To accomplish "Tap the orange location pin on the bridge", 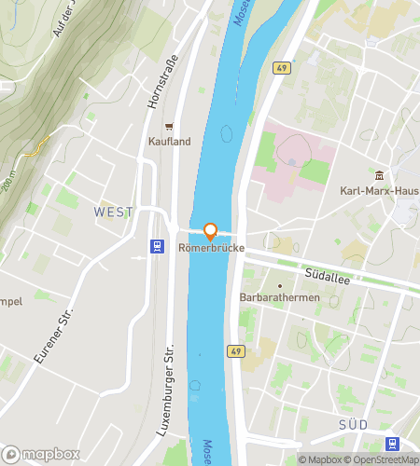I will point(210,232).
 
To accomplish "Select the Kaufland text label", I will point(169,142).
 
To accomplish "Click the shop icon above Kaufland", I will point(169,126).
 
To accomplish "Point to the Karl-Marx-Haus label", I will point(379,192).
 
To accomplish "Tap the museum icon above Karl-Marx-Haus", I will point(379,176).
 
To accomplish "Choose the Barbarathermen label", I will point(278,299).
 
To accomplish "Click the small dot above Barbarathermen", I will point(278,285).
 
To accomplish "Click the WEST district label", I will point(114,212).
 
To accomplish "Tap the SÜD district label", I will point(354,424).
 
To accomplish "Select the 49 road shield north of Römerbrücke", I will point(282,67).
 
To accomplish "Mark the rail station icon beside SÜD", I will point(392,445).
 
